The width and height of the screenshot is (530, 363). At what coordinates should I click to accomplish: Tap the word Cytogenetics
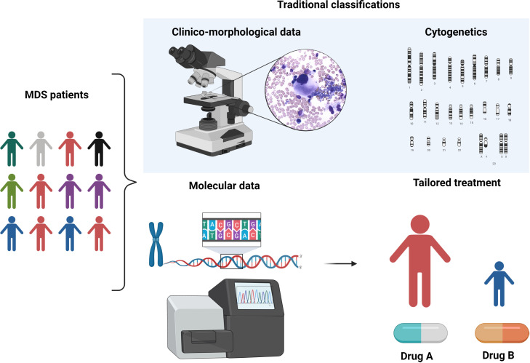tap(454, 33)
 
